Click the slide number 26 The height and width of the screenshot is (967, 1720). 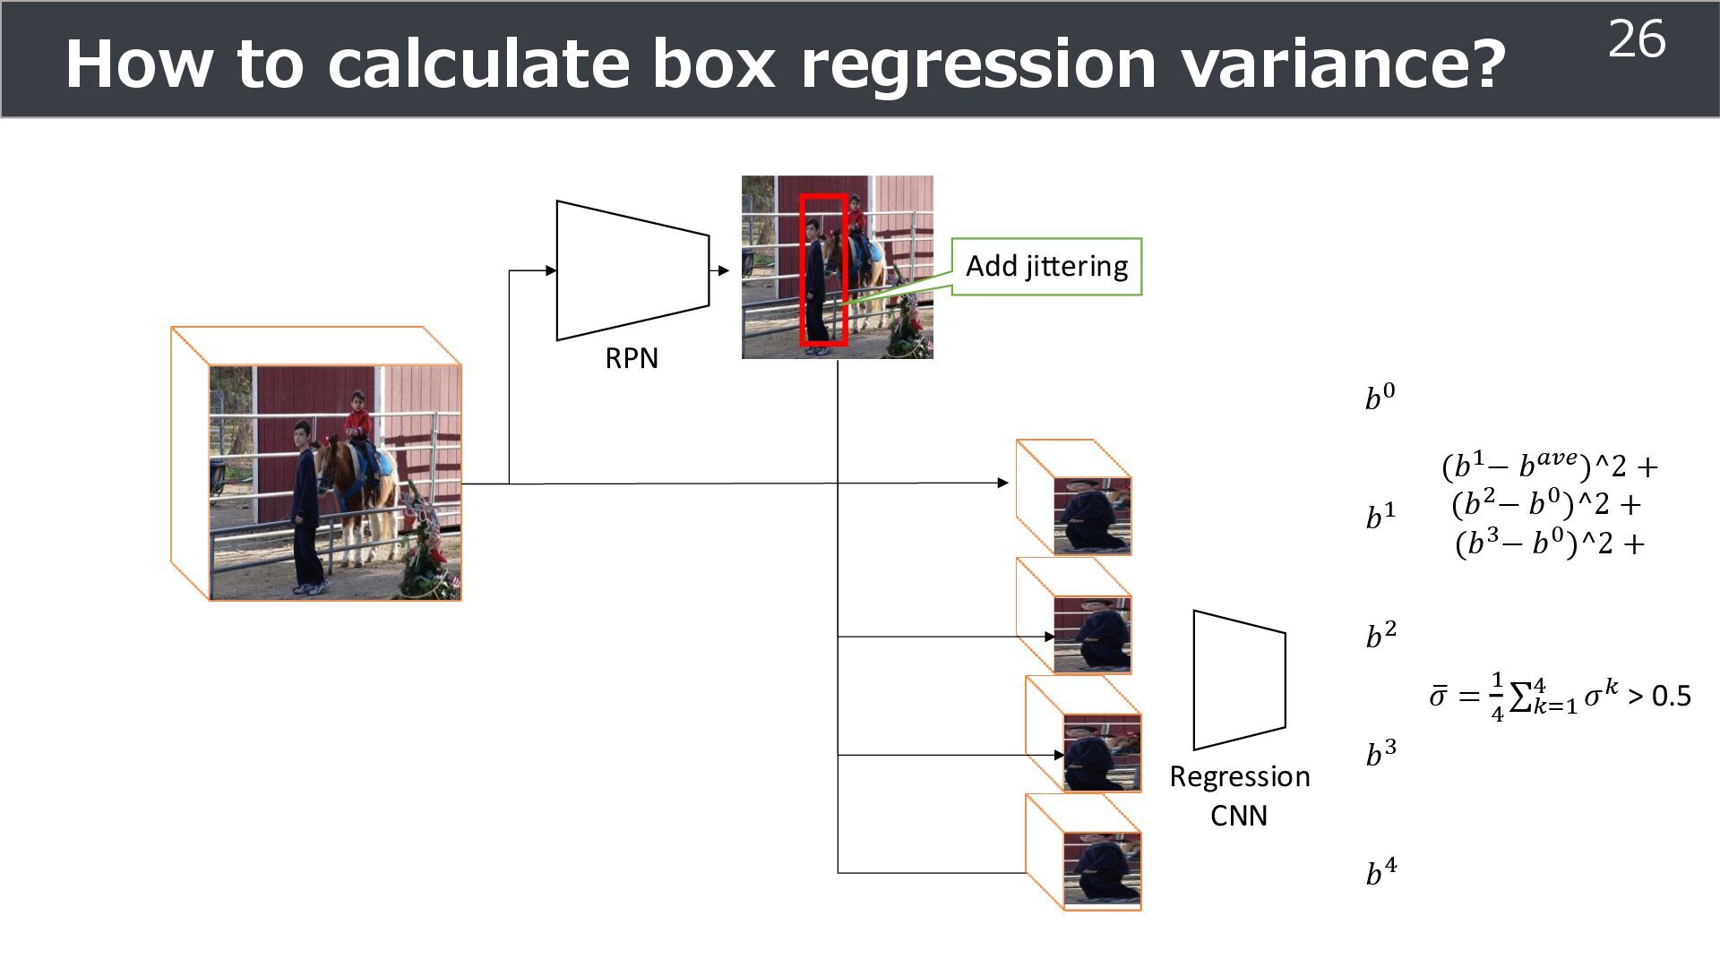(x=1637, y=40)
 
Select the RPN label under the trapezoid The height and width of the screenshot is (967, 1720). (x=632, y=358)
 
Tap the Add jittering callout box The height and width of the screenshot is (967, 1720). (x=1046, y=266)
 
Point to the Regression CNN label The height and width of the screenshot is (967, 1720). (x=1239, y=795)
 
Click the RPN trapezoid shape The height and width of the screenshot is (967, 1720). (x=632, y=270)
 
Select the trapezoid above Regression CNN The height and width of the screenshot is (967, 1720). (x=1239, y=680)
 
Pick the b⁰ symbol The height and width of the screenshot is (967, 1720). (x=1380, y=397)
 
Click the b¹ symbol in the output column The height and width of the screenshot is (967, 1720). (x=1380, y=516)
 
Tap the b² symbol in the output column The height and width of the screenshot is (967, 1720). (x=1380, y=635)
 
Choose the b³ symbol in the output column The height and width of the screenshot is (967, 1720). (x=1380, y=753)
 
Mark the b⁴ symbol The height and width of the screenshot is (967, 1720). (x=1380, y=871)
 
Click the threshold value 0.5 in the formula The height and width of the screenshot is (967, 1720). (x=1671, y=696)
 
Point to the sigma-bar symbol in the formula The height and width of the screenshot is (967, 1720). (x=1438, y=696)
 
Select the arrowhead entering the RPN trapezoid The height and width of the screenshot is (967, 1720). (x=550, y=270)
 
